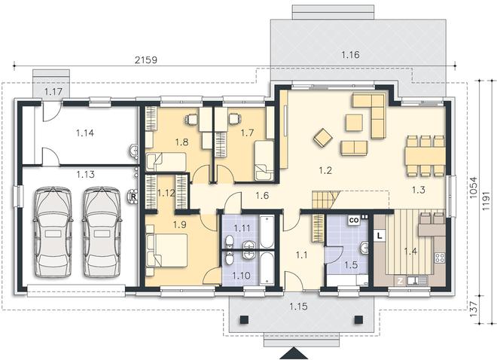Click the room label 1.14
[x=85, y=133]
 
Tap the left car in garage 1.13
[x=53, y=232]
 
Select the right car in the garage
[x=102, y=232]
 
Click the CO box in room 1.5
[x=354, y=220]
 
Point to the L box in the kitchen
[x=380, y=236]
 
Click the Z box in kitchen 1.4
[x=401, y=281]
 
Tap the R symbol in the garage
[x=133, y=197]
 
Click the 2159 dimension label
[x=146, y=60]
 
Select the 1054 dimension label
[x=474, y=188]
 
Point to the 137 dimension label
[x=474, y=310]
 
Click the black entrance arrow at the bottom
[x=294, y=353]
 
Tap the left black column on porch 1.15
[x=244, y=319]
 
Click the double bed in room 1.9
[x=166, y=250]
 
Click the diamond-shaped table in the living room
[x=323, y=138]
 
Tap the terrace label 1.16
[x=351, y=55]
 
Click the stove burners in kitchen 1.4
[x=440, y=258]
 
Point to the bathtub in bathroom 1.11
[x=267, y=232]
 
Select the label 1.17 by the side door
[x=53, y=92]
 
